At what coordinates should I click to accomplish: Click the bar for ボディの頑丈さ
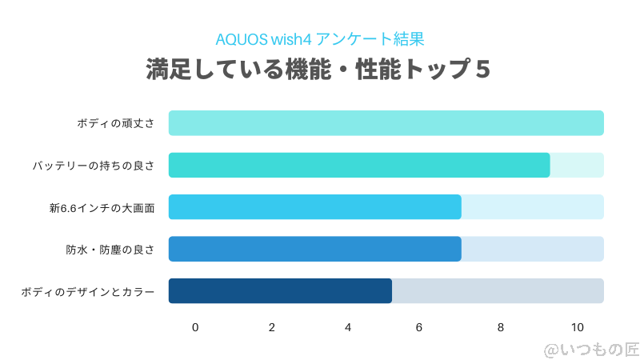click(386, 123)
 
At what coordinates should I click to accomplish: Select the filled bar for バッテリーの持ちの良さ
click(359, 165)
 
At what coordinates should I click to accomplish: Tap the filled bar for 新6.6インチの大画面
click(315, 206)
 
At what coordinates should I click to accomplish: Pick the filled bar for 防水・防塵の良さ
click(315, 249)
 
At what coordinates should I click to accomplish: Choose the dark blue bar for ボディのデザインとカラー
click(280, 290)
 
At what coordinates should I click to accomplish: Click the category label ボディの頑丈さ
click(116, 123)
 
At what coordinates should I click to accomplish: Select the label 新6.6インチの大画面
click(102, 207)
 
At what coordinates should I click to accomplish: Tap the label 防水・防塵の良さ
click(110, 250)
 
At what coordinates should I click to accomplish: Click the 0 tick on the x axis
click(195, 327)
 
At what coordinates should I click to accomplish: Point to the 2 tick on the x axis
click(272, 327)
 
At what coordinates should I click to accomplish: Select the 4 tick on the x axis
click(348, 327)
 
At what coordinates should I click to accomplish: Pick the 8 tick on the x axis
click(501, 327)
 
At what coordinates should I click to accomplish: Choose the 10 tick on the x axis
click(577, 327)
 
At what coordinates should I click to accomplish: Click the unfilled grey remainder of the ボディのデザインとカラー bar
click(498, 290)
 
